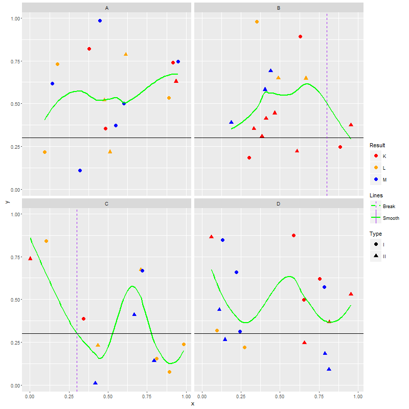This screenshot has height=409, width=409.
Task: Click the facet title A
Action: pos(106,8)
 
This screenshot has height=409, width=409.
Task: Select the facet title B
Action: pos(279,8)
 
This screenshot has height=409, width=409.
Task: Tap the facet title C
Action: pos(106,204)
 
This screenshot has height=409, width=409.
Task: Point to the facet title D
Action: pos(279,204)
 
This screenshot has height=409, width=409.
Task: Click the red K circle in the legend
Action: pos(376,155)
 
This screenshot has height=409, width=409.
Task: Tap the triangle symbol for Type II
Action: pos(376,256)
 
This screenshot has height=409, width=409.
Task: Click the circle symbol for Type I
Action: pos(376,244)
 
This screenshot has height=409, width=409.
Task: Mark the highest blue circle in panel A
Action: pos(100,21)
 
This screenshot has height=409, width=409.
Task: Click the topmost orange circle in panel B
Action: pos(257,22)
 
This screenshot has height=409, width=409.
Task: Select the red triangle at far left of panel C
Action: pos(30,259)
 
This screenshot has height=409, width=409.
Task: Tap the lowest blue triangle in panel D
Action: pos(329,369)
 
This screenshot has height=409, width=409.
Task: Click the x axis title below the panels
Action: pos(193,403)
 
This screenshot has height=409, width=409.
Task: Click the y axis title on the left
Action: pos(7,201)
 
